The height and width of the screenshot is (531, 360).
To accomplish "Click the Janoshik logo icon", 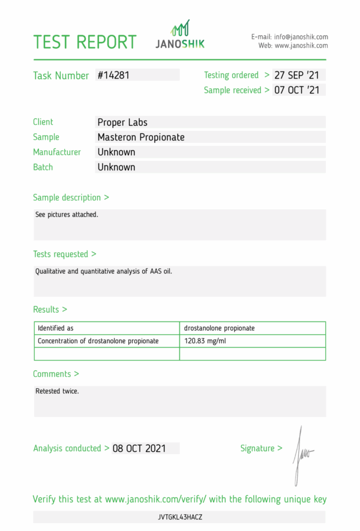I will [180, 29].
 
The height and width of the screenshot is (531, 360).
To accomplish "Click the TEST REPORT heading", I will [85, 42].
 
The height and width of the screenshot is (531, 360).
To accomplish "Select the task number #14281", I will [113, 76].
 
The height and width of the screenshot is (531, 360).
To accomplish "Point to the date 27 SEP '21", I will [297, 76].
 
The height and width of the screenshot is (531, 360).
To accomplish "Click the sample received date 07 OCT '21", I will [297, 91].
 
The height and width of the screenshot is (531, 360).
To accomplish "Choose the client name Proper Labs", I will [122, 122].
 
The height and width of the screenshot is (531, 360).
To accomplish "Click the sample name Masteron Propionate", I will [141, 137].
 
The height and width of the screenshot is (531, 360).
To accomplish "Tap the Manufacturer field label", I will [57, 152].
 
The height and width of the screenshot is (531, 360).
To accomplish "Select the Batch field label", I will [43, 167].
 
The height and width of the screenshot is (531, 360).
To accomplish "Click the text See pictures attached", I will [67, 214].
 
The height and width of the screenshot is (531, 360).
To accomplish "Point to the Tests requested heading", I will [64, 254].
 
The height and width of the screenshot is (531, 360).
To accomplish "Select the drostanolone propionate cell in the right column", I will [219, 328].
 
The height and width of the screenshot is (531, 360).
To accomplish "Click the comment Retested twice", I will [57, 391].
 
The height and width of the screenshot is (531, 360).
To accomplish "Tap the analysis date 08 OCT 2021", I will [139, 448].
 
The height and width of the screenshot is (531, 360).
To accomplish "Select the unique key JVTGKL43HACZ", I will [180, 517].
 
